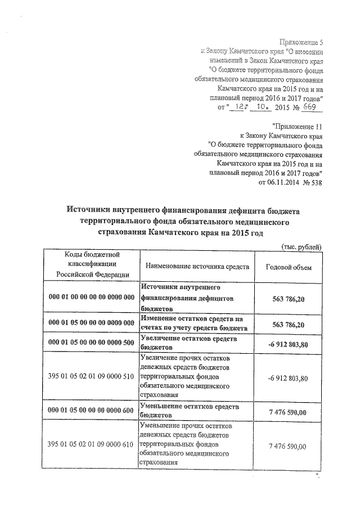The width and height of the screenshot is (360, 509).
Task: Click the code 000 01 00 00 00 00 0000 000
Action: point(92,296)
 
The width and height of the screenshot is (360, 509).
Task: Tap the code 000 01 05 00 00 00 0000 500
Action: point(92,343)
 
